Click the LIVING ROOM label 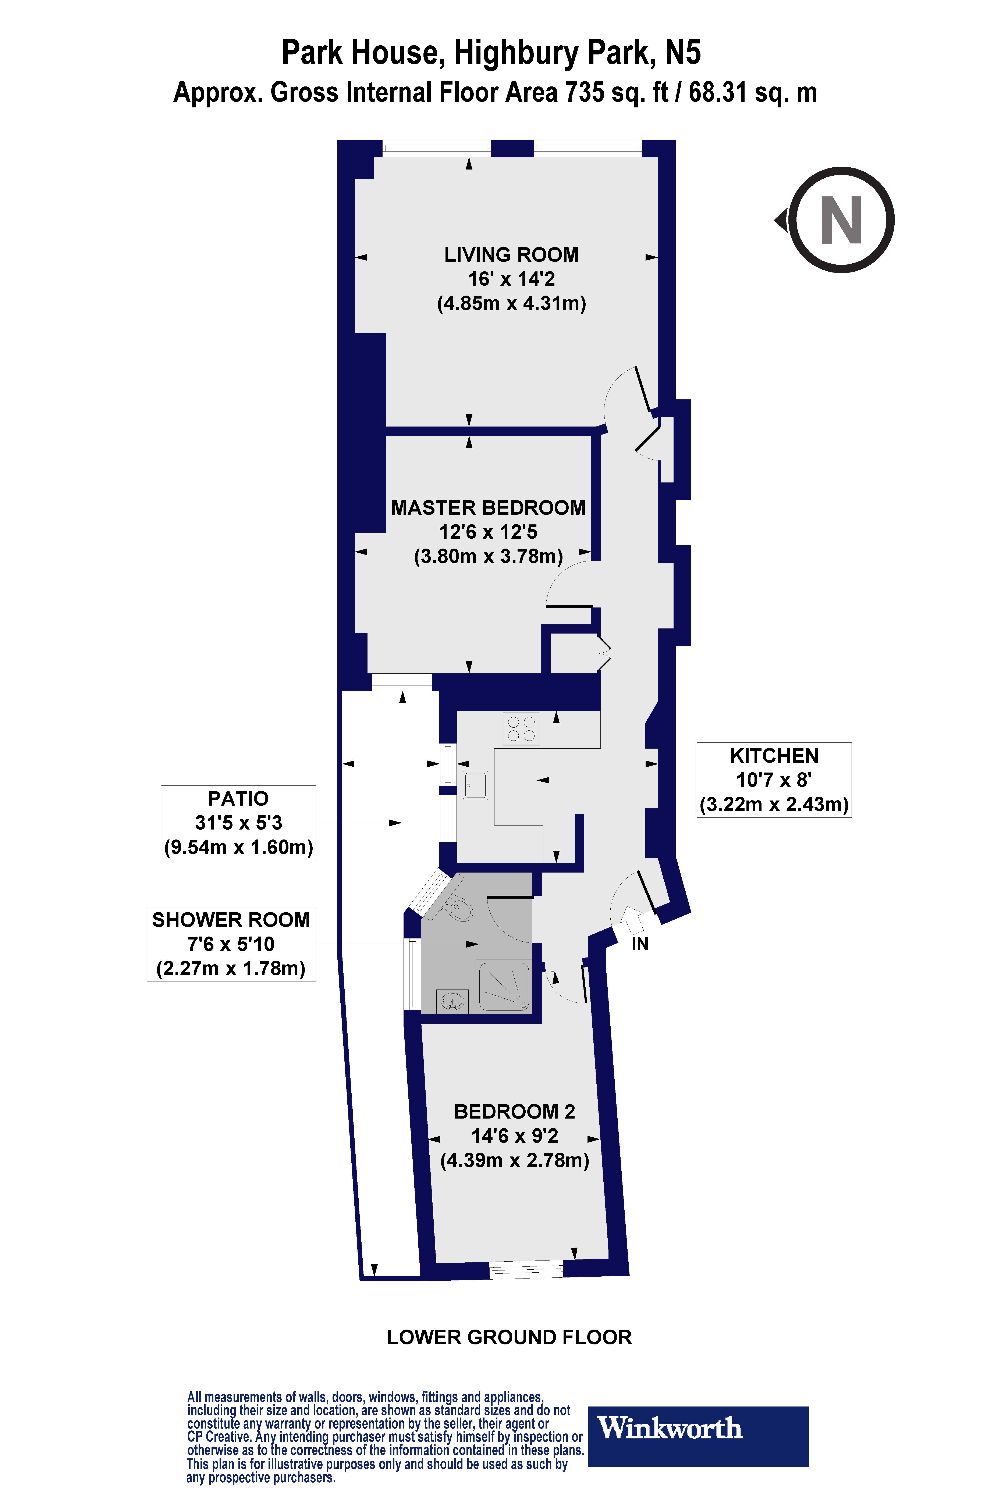pos(511,255)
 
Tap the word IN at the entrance pos(640,944)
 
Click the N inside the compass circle pos(841,220)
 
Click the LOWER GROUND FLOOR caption pos(509,1337)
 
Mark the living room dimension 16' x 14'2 pos(511,279)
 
